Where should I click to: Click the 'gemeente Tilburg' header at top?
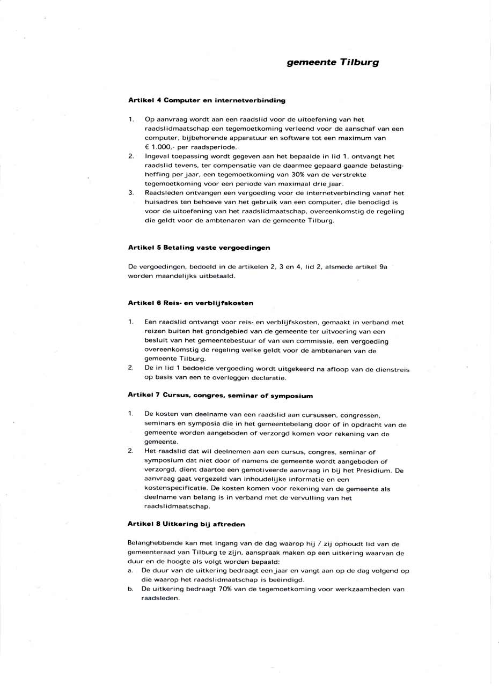click(x=333, y=62)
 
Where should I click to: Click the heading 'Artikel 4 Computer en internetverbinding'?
click(x=207, y=100)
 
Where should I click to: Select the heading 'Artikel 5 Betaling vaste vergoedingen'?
click(x=199, y=248)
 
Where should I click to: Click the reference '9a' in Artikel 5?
click(x=383, y=266)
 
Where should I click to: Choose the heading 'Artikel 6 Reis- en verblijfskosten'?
click(x=190, y=303)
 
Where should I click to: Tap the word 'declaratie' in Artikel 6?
click(x=269, y=378)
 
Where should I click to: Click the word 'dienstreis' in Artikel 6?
click(x=393, y=369)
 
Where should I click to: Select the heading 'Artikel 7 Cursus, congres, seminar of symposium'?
click(x=220, y=396)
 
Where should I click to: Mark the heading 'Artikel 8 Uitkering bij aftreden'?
click(x=186, y=524)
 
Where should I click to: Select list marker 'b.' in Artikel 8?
click(x=130, y=589)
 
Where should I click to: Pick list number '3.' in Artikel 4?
click(x=131, y=193)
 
